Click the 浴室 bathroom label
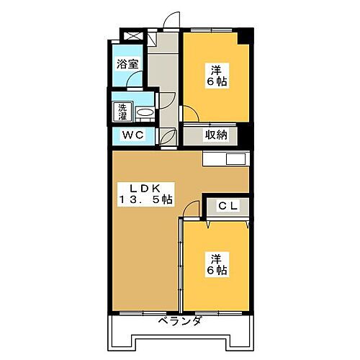tap(127, 64)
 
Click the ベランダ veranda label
tap(179, 321)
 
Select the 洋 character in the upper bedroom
tap(215, 70)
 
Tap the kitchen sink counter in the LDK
tap(226, 158)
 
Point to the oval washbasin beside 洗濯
tap(144, 113)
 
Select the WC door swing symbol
tap(169, 136)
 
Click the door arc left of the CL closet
tap(191, 209)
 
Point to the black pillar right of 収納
tap(244, 135)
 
